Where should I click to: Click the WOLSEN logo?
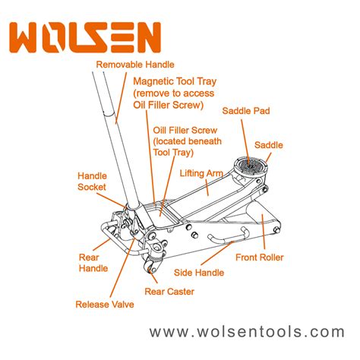(x=85, y=37)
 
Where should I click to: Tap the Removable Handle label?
(x=135, y=65)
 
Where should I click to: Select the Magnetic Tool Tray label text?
(x=175, y=93)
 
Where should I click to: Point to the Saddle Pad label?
(x=246, y=111)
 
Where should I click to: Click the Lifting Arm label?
(x=201, y=173)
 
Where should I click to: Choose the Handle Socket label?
(x=92, y=182)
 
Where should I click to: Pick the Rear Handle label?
(x=93, y=263)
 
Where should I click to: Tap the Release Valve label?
(x=105, y=305)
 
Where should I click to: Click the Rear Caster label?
(x=169, y=292)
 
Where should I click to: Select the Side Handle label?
(x=199, y=273)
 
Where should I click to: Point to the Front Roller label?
(x=260, y=257)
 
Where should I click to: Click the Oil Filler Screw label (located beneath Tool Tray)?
(x=187, y=141)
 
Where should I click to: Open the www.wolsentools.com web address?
(x=247, y=332)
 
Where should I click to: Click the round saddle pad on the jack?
(x=250, y=166)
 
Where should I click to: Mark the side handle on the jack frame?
(x=227, y=237)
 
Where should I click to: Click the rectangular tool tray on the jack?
(x=163, y=213)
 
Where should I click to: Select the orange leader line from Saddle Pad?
(x=245, y=143)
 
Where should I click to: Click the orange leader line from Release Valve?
(x=122, y=267)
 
